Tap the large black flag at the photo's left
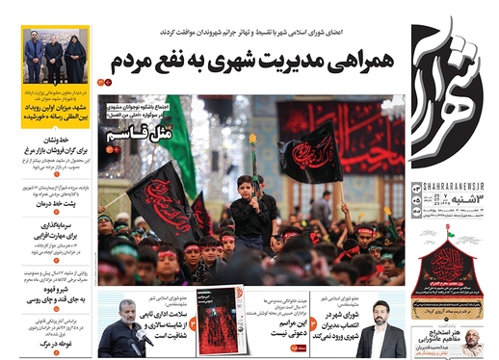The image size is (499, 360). tap(159, 197)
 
